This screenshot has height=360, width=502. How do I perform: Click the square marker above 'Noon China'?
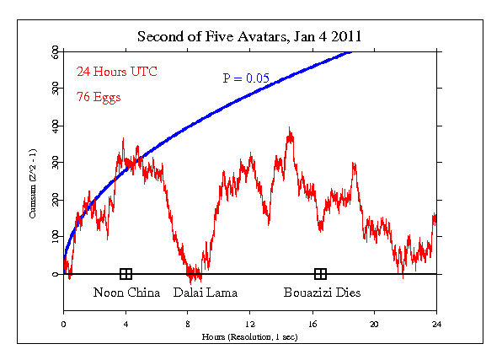[x=125, y=274]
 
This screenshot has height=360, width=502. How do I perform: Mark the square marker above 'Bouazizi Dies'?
[x=320, y=274]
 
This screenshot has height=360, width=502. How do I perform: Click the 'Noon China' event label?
[x=126, y=293]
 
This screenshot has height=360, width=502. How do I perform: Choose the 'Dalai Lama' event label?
[x=205, y=293]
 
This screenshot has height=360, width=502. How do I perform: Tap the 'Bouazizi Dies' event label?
[x=319, y=293]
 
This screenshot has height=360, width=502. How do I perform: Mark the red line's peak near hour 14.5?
[x=289, y=129]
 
